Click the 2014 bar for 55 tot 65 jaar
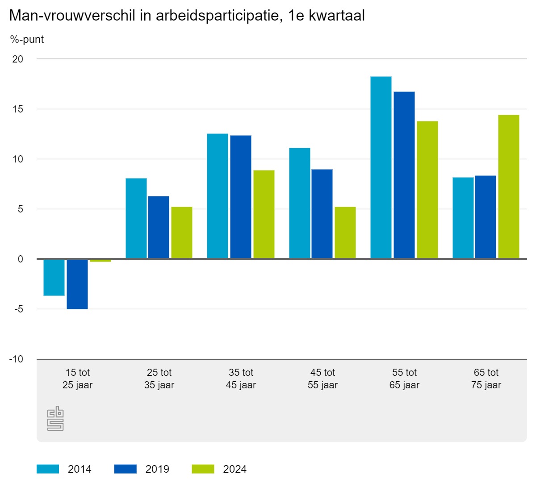[x=381, y=167]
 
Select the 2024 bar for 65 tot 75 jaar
[x=509, y=187]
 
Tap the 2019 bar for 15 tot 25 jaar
[x=77, y=284]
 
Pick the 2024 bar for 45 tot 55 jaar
[x=345, y=233]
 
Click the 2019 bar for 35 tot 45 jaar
[x=241, y=197]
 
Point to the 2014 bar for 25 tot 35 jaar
[x=136, y=218]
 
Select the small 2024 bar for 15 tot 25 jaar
[x=100, y=261]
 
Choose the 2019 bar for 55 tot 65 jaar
[x=404, y=175]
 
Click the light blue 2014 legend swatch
[x=48, y=469]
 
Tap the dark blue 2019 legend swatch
[x=126, y=469]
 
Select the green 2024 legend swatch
[x=203, y=469]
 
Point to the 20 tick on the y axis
[x=18, y=59]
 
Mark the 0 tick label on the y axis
[x=21, y=259]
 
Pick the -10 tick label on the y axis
[x=16, y=359]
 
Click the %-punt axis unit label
[x=27, y=39]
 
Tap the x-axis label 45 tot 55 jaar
[x=322, y=379]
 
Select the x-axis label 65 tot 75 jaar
[x=486, y=379]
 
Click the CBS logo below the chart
[x=55, y=418]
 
